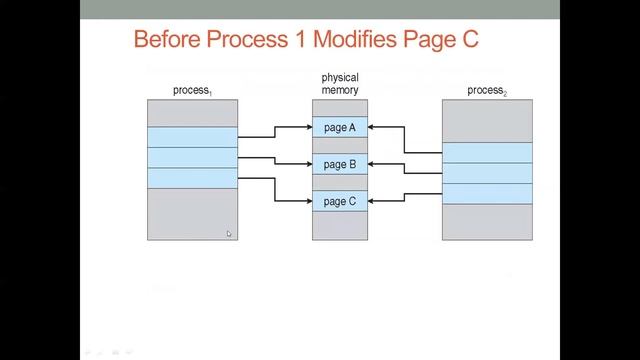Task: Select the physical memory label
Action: (x=340, y=84)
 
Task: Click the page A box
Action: (x=340, y=127)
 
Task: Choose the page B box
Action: (x=340, y=164)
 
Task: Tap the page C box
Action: (x=340, y=201)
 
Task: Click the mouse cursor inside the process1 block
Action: (x=229, y=234)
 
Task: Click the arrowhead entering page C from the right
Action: (x=373, y=201)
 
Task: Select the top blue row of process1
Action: (x=192, y=137)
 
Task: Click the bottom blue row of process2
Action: (x=487, y=194)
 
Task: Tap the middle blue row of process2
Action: (x=487, y=173)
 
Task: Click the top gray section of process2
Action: (x=487, y=121)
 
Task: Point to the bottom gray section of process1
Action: (x=192, y=214)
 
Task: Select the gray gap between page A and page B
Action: (x=340, y=145)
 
